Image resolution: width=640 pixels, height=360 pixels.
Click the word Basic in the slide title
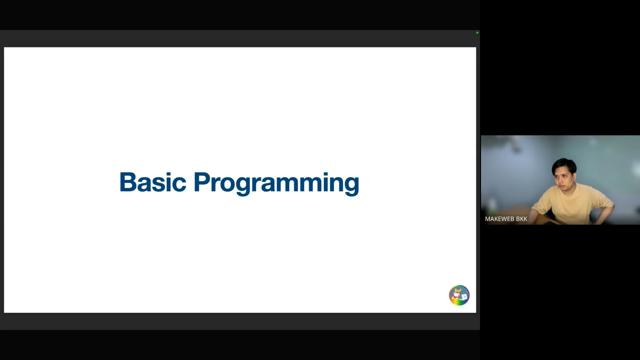coord(153,182)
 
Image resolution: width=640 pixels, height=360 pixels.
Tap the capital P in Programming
coord(202,182)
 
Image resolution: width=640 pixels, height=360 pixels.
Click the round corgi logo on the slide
coord(459,295)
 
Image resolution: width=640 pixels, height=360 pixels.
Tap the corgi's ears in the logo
coord(458,291)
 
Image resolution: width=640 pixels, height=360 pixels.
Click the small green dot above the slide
coord(477,33)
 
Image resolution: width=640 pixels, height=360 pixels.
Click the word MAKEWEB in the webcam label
coord(499,219)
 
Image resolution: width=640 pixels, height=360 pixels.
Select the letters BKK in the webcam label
coord(522,219)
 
